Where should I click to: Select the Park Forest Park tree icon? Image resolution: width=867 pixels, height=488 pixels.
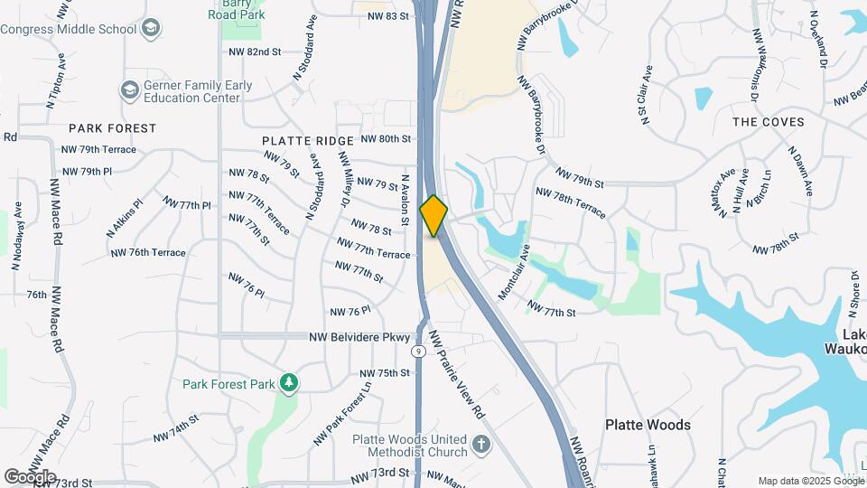pos(289,383)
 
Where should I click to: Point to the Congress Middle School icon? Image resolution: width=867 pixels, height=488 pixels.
pos(152,29)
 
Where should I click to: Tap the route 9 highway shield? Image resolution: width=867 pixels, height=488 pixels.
pos(417,351)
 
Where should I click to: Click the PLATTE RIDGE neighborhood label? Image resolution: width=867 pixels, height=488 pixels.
pos(308,142)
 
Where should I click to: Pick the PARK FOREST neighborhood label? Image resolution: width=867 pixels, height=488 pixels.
pos(112,128)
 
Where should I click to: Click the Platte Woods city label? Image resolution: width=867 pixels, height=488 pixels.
pos(648,425)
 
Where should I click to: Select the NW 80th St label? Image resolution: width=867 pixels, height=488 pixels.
pos(386,139)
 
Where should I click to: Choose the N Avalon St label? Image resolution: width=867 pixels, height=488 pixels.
pos(406,200)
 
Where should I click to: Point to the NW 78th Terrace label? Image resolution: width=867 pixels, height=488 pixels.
pos(571,203)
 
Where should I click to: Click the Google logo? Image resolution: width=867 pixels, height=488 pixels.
pos(30,476)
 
